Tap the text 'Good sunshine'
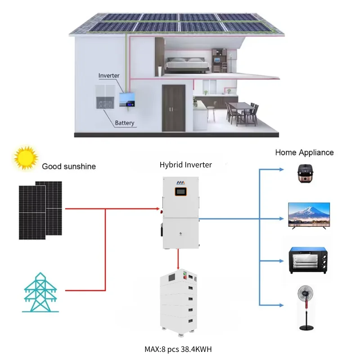(x=69, y=166)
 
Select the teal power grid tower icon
(x=40, y=292)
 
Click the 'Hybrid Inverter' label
(x=185, y=165)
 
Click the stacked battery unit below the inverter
(x=179, y=304)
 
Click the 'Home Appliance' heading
(x=304, y=153)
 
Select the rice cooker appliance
(x=309, y=173)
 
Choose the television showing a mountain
(x=309, y=215)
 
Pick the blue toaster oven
(x=309, y=260)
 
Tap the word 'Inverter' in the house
(x=109, y=76)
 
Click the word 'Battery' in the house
(x=124, y=123)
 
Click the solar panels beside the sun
(x=40, y=210)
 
